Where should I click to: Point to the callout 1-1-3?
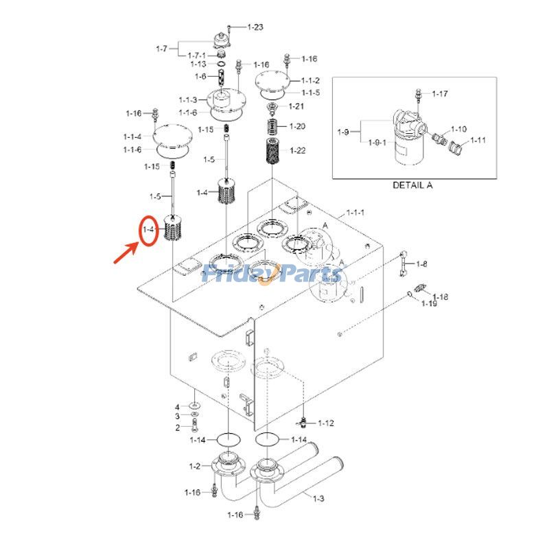(x=188, y=101)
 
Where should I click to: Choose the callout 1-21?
(x=296, y=106)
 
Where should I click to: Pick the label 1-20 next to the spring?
(x=297, y=126)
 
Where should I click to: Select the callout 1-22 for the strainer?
(x=298, y=150)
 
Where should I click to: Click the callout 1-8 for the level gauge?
(x=421, y=264)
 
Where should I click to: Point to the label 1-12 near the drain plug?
(x=325, y=423)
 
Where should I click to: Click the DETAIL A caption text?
(x=412, y=185)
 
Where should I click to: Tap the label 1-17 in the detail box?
(x=439, y=93)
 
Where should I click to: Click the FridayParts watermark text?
(x=272, y=274)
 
